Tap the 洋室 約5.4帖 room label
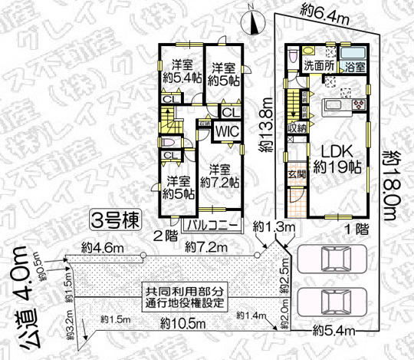click(x=182, y=71)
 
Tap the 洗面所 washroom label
click(x=317, y=66)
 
